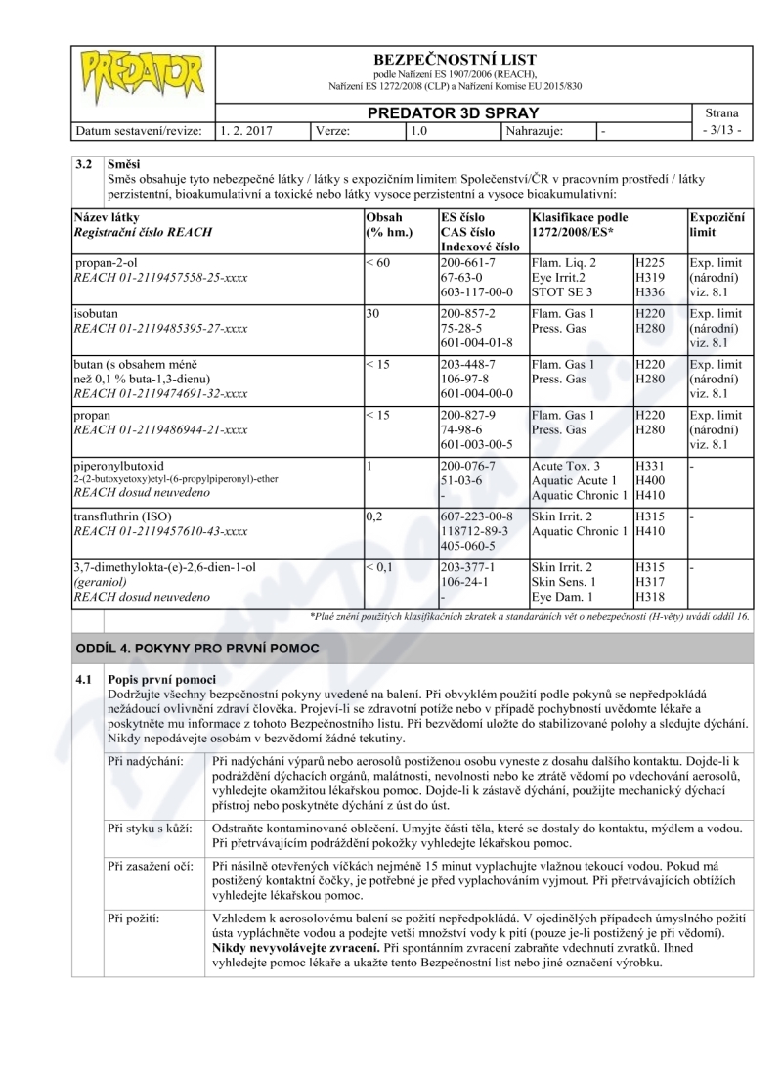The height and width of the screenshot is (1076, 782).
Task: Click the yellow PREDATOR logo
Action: pyautogui.click(x=143, y=74)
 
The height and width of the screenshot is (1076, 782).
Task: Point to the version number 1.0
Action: pyautogui.click(x=418, y=129)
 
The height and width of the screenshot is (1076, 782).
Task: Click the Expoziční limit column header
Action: pyautogui.click(x=717, y=224)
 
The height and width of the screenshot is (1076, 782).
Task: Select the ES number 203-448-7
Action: pyautogui.click(x=468, y=364)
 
